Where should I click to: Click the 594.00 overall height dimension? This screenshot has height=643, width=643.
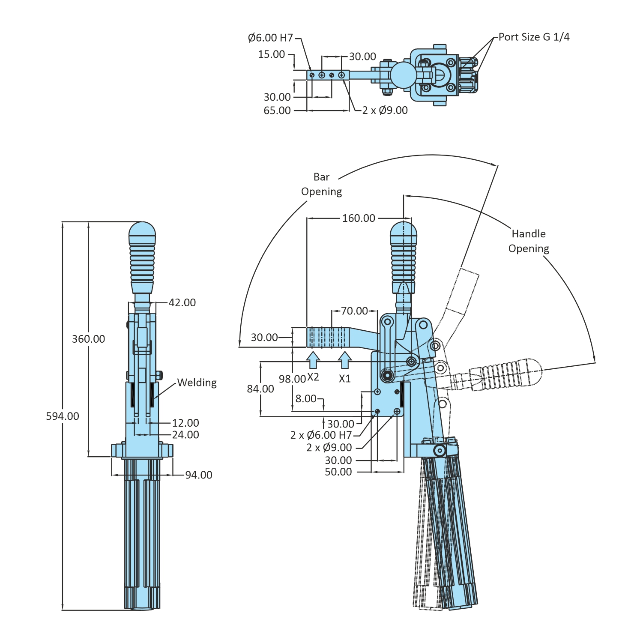pos(63,416)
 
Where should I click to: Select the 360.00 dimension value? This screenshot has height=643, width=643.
pos(88,339)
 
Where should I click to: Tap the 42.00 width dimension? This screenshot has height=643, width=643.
pos(182,302)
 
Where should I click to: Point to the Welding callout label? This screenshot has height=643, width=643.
pos(197,382)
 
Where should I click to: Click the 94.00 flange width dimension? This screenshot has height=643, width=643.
pos(198,475)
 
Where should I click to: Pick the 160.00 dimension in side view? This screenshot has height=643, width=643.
pos(359,218)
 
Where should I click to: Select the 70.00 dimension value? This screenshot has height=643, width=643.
pos(354,311)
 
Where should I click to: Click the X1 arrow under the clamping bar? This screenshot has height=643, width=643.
pos(345,360)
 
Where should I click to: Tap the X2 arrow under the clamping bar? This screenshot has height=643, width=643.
pos(313,360)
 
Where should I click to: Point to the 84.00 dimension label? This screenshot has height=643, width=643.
pos(260,389)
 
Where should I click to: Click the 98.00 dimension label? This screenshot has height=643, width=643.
pos(292,379)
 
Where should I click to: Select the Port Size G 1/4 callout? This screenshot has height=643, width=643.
pos(534,37)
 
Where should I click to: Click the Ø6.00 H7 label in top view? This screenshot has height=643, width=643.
pos(270,38)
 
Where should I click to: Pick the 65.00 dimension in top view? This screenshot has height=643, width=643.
pos(277,110)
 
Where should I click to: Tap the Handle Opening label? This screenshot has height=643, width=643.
pos(529,241)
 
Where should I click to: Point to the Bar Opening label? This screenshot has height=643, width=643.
pos(321,184)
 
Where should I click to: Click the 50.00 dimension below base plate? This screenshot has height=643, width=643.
pos(338,472)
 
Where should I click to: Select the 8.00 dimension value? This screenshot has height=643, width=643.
pos(306,398)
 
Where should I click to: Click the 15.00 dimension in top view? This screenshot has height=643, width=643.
pos(271,54)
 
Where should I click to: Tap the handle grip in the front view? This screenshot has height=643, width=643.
pos(142,257)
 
